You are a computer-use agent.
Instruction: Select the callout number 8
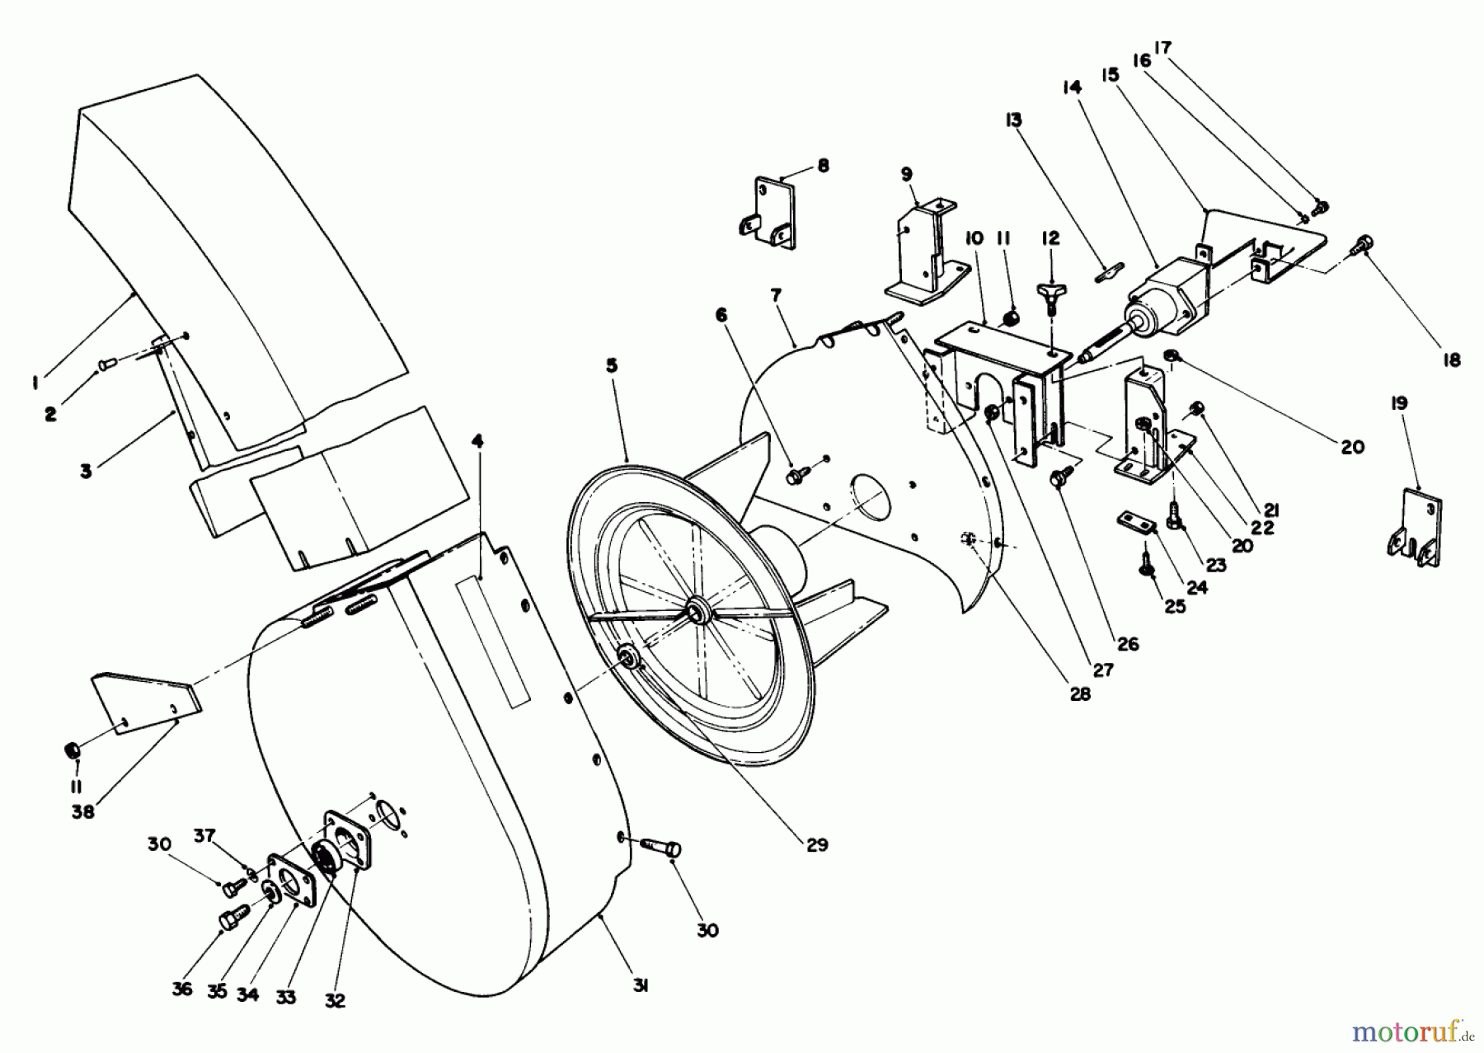pos(823,165)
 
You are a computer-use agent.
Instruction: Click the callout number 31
pos(641,985)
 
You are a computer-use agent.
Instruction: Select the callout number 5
pos(611,364)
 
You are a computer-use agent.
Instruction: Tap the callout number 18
pos(1452,360)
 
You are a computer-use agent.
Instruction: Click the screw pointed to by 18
pos(1361,244)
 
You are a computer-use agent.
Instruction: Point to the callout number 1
pos(34,381)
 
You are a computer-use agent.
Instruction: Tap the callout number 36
pos(182,989)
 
